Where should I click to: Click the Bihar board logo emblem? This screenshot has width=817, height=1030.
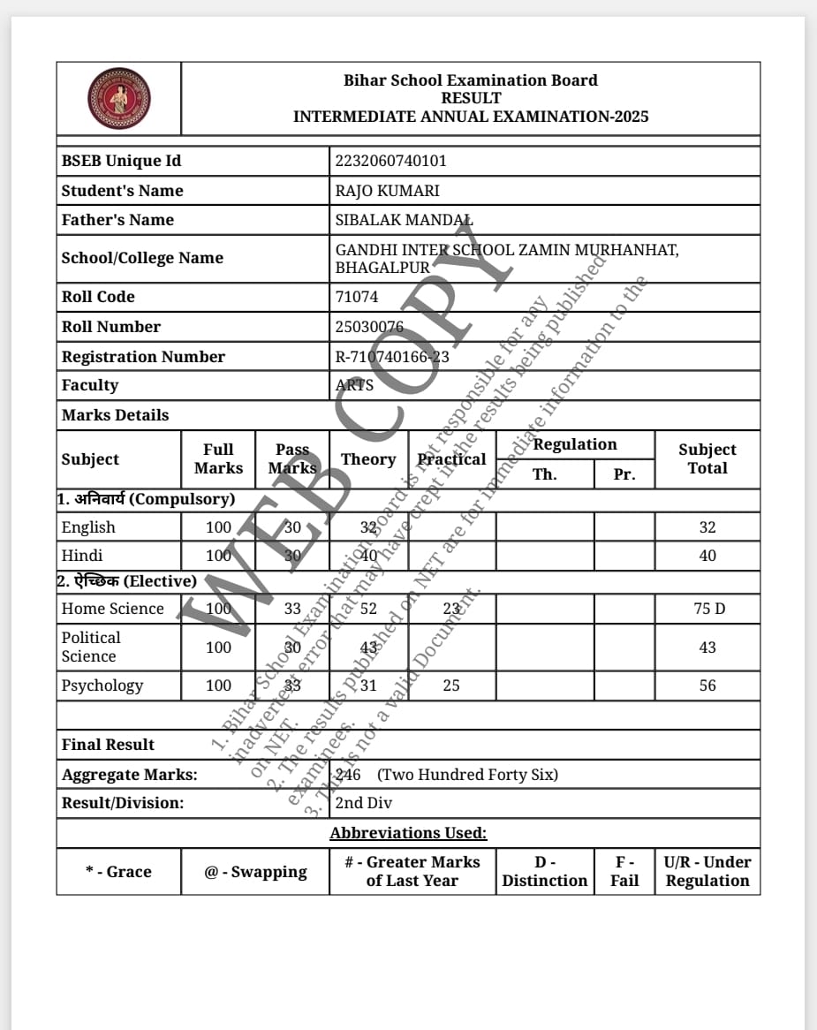pyautogui.click(x=119, y=98)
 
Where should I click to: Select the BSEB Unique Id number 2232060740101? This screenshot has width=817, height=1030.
pyautogui.click(x=390, y=161)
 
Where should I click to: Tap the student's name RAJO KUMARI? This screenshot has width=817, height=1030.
pyautogui.click(x=387, y=191)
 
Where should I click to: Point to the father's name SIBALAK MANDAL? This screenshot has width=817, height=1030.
pyautogui.click(x=404, y=220)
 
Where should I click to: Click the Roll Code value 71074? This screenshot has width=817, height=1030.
pyautogui.click(x=357, y=297)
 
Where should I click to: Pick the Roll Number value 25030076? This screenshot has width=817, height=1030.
pyautogui.click(x=369, y=327)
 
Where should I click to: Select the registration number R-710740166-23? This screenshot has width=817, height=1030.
pyautogui.click(x=392, y=357)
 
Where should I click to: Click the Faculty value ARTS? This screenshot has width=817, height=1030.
pyautogui.click(x=354, y=385)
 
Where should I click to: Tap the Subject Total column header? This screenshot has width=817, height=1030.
pyautogui.click(x=707, y=458)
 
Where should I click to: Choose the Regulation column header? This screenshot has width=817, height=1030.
pyautogui.click(x=575, y=444)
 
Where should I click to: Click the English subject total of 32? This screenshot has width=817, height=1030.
pyautogui.click(x=707, y=527)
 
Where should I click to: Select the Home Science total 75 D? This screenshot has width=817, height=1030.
pyautogui.click(x=707, y=609)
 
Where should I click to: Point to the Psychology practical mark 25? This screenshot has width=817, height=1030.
pyautogui.click(x=451, y=685)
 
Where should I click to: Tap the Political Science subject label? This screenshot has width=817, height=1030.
pyautogui.click(x=90, y=647)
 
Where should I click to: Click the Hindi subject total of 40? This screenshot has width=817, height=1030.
pyautogui.click(x=707, y=556)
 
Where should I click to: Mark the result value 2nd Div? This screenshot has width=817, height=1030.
pyautogui.click(x=363, y=803)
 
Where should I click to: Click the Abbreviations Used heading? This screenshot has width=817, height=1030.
pyautogui.click(x=408, y=833)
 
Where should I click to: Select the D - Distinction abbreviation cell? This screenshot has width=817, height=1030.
pyautogui.click(x=544, y=871)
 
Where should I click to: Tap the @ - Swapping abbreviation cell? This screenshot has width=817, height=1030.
pyautogui.click(x=255, y=872)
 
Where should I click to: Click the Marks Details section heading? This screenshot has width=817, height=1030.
pyautogui.click(x=115, y=415)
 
